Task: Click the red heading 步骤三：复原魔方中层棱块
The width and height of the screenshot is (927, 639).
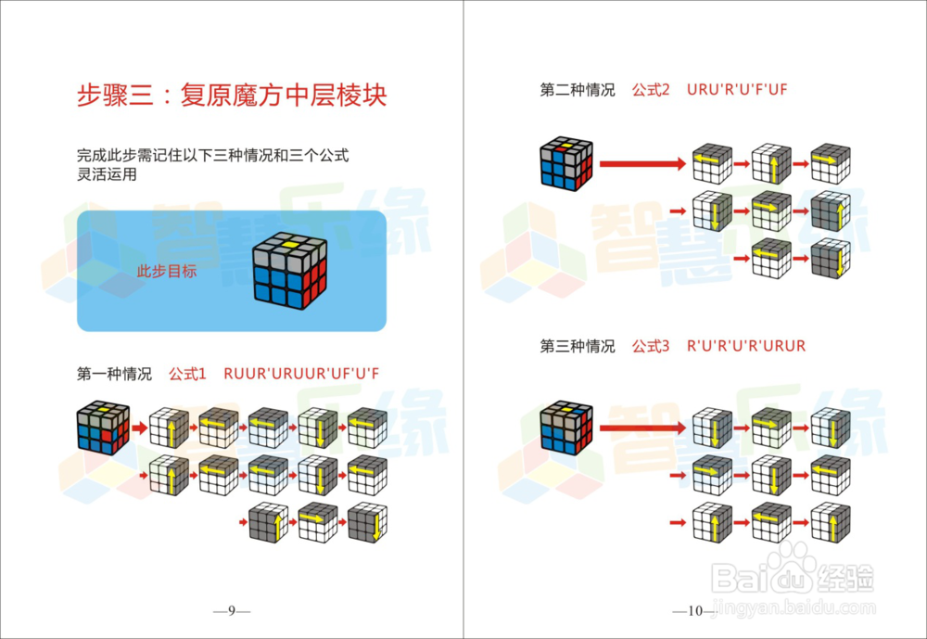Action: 232,96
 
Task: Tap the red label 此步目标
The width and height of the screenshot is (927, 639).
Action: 166,272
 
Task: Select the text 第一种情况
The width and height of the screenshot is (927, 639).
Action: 114,374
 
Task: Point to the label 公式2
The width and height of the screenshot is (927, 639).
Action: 651,90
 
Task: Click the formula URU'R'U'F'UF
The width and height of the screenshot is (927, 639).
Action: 738,90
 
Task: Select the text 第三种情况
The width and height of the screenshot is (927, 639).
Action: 578,346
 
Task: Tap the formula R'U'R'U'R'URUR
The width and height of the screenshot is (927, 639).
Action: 746,346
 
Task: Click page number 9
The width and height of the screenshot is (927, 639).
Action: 232,610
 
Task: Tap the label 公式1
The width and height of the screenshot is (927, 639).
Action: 187,374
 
